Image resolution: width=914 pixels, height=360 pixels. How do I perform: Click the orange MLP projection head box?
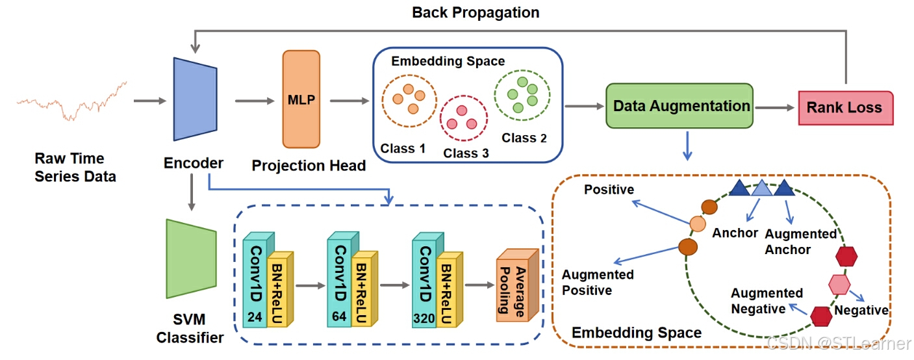[x=301, y=99]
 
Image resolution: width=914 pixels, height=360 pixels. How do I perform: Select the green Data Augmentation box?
[x=679, y=106]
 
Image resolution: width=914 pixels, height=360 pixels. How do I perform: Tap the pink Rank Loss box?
[x=845, y=108]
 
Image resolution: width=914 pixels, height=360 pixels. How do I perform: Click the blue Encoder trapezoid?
[x=195, y=99]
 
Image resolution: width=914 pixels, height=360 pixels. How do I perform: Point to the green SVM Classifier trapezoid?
[x=191, y=259]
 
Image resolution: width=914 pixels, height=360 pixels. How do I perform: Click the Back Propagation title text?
[x=476, y=12]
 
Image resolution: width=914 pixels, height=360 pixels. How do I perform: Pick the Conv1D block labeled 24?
[x=259, y=280]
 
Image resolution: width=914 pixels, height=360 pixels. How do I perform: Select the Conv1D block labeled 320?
[x=427, y=280]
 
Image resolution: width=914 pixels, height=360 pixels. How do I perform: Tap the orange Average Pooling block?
[x=517, y=285]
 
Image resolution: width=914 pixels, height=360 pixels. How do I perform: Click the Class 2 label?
[x=524, y=138]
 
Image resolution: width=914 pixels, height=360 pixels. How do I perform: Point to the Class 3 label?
[x=466, y=153]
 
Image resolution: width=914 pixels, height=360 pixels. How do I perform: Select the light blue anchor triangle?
[x=761, y=188]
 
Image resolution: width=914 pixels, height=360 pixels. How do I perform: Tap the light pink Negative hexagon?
[x=839, y=285]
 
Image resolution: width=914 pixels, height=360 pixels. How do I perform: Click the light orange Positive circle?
[x=698, y=224]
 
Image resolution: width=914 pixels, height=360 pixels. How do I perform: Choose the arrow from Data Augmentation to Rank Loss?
[x=774, y=108]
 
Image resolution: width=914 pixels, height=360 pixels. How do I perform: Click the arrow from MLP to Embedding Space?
[x=349, y=101]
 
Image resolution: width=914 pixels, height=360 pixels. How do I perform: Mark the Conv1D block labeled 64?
[x=343, y=280]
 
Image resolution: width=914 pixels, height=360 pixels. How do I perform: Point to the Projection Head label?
[x=309, y=166]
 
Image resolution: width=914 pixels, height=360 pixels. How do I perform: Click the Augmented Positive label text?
[x=598, y=283]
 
